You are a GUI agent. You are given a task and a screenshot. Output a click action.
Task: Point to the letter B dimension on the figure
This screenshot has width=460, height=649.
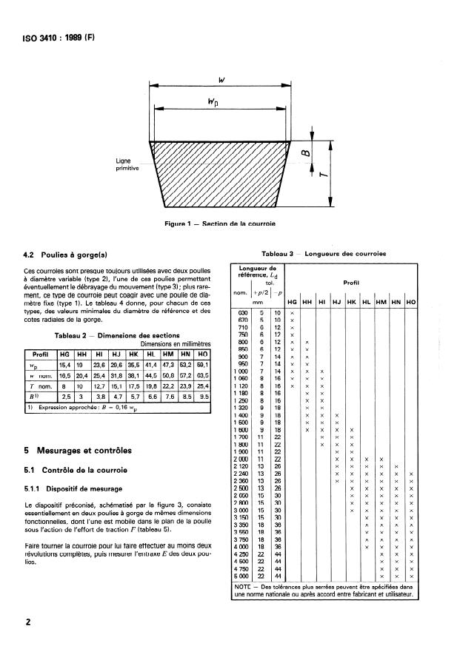point(304,155)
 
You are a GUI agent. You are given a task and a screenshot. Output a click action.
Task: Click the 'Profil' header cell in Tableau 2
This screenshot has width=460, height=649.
point(40,353)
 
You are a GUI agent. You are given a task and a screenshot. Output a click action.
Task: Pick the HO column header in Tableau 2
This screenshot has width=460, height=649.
point(201,353)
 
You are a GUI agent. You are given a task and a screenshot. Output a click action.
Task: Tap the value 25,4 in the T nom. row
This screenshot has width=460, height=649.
point(201,386)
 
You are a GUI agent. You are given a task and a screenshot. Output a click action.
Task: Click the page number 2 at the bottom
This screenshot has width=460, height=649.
point(28,622)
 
